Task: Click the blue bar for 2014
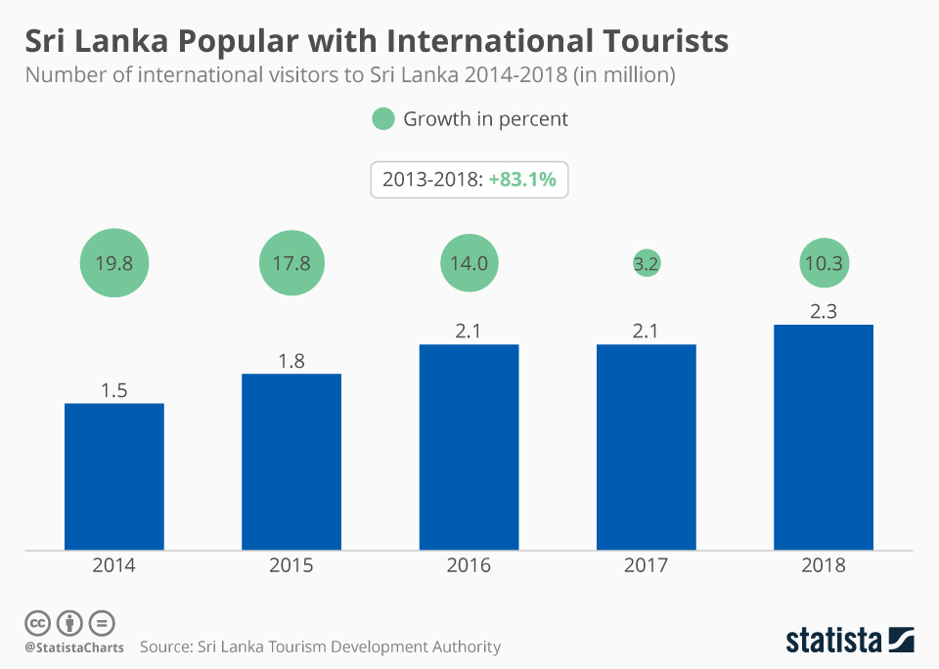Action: [114, 476]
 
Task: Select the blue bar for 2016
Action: [469, 447]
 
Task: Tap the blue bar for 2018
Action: [823, 437]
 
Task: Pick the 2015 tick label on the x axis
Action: [291, 565]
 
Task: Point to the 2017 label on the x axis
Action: [646, 565]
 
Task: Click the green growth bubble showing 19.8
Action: [114, 263]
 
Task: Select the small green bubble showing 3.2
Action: [646, 263]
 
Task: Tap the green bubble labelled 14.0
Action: [469, 263]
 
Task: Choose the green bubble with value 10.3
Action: [823, 263]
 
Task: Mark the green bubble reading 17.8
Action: [291, 263]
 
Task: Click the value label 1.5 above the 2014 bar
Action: [114, 390]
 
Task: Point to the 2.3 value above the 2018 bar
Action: [823, 311]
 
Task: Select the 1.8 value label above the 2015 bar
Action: [291, 361]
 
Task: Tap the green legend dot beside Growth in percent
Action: [383, 119]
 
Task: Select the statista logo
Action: [850, 641]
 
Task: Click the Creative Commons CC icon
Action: [37, 623]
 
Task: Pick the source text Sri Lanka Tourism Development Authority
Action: [348, 647]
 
